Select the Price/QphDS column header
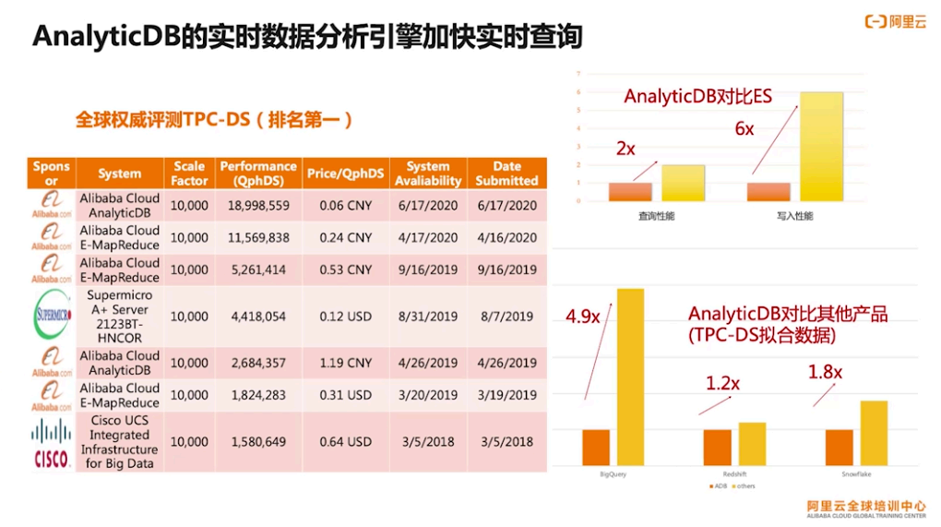[x=345, y=174]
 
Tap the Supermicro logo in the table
[x=51, y=316]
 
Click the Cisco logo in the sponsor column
[x=51, y=442]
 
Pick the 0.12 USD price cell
[x=345, y=317]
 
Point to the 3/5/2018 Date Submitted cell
[x=506, y=442]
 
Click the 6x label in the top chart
[x=744, y=130]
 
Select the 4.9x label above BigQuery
[x=583, y=317]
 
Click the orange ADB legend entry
[x=716, y=485]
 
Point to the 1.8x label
[x=825, y=372]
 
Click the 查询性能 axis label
[x=655, y=216]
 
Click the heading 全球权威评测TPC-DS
[x=213, y=120]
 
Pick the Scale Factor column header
[x=189, y=174]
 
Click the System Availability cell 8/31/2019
[x=427, y=317]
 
